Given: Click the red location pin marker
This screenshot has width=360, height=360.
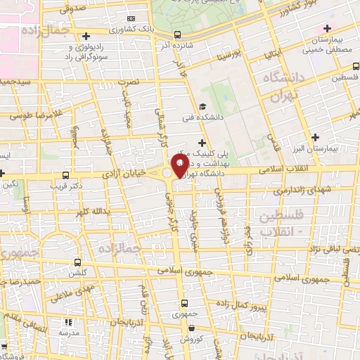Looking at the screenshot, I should (179, 168).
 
